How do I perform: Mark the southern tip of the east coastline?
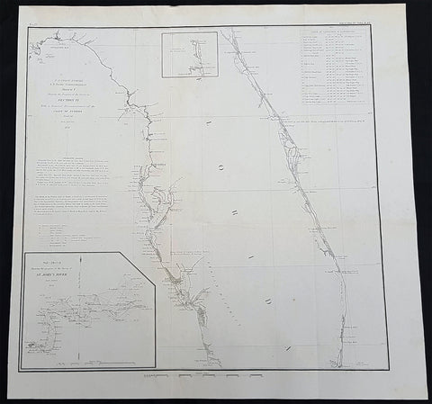(339, 359)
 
